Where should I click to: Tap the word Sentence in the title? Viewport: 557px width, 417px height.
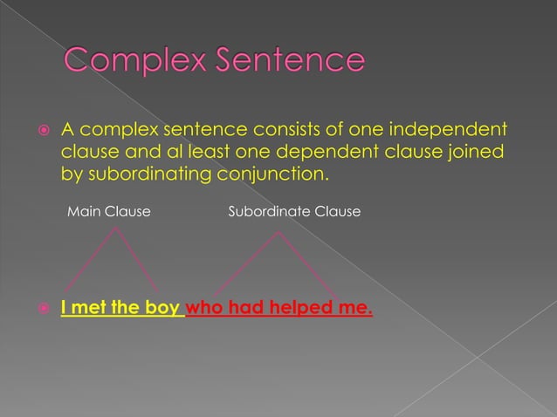click(x=285, y=62)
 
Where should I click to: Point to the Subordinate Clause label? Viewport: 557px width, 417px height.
click(x=294, y=212)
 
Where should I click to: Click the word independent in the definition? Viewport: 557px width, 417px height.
click(x=443, y=131)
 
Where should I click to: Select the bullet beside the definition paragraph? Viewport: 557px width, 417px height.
click(x=41, y=132)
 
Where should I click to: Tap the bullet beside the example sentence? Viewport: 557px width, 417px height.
click(x=41, y=309)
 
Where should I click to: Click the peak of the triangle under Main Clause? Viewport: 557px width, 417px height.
click(x=116, y=228)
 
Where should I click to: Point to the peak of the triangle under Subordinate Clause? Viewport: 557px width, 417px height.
click(x=278, y=231)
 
